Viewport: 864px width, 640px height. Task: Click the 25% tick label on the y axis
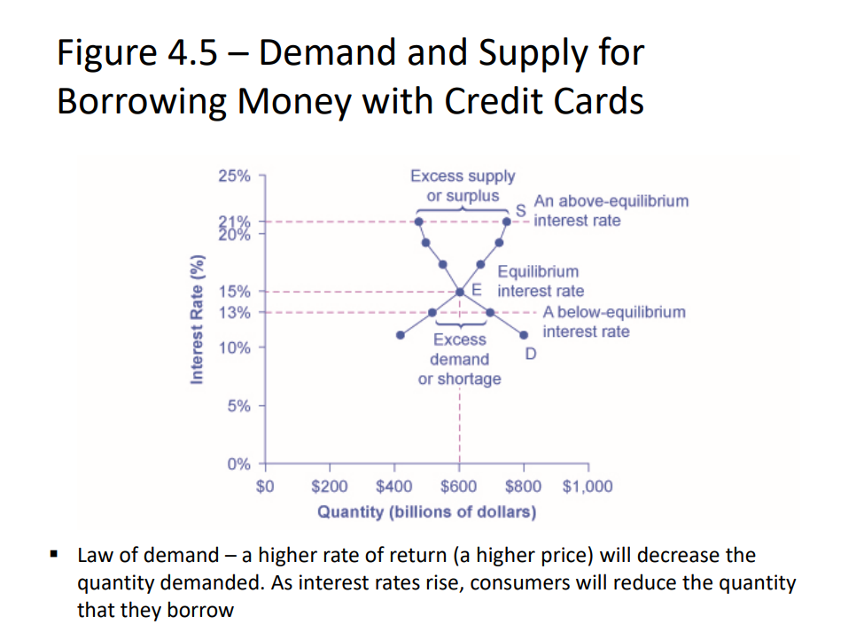click(234, 176)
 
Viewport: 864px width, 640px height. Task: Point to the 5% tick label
click(238, 406)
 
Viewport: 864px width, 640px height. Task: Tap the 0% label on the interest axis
click(238, 464)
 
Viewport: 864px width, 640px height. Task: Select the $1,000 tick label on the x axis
click(587, 487)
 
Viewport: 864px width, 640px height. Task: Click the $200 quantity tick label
click(330, 487)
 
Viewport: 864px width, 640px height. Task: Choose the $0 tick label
click(265, 487)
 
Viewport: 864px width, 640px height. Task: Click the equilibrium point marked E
click(460, 291)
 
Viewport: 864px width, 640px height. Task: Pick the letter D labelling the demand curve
click(530, 355)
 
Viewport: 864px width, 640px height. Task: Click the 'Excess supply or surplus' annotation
click(462, 186)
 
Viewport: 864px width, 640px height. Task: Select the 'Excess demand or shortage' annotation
click(459, 359)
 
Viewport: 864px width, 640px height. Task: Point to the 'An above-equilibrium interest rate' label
click(610, 210)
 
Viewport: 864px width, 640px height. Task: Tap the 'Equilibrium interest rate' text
click(539, 281)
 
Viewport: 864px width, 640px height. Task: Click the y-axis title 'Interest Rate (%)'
click(198, 319)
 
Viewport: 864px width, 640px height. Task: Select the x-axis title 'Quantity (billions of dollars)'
click(426, 512)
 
